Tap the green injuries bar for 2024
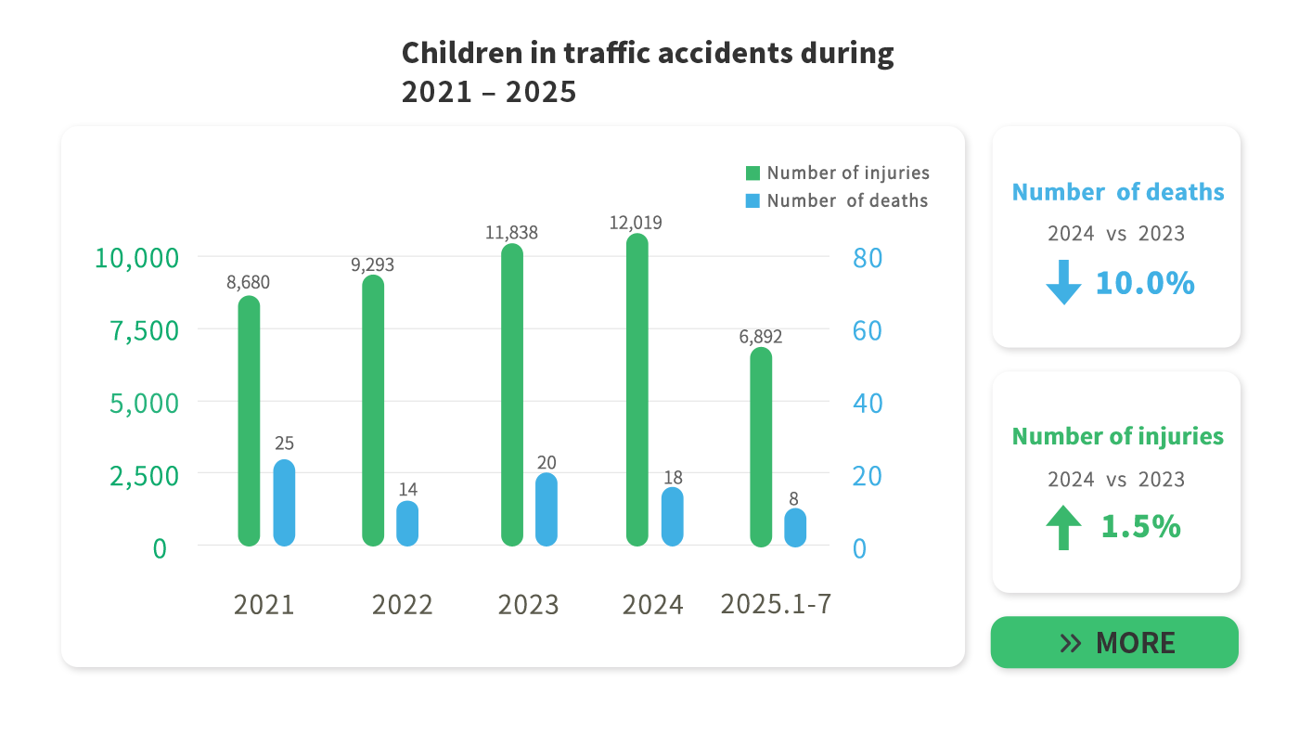pos(637,390)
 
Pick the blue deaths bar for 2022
pos(407,523)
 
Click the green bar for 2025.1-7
pos(761,447)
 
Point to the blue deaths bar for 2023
pos(547,509)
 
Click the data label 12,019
pos(636,223)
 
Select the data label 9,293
pos(372,264)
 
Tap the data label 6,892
pos(761,337)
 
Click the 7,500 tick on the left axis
pos(145,330)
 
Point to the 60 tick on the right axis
pos(867,330)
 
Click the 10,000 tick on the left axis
pos(136,258)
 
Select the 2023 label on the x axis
pos(528,605)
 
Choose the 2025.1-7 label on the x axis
pos(776,604)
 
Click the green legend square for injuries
pos(752,173)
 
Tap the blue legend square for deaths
pos(752,200)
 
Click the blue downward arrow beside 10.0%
pos(1063,282)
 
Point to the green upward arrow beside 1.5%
pos(1063,527)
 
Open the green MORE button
pos(1114,642)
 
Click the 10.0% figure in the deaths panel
pos(1144,283)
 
